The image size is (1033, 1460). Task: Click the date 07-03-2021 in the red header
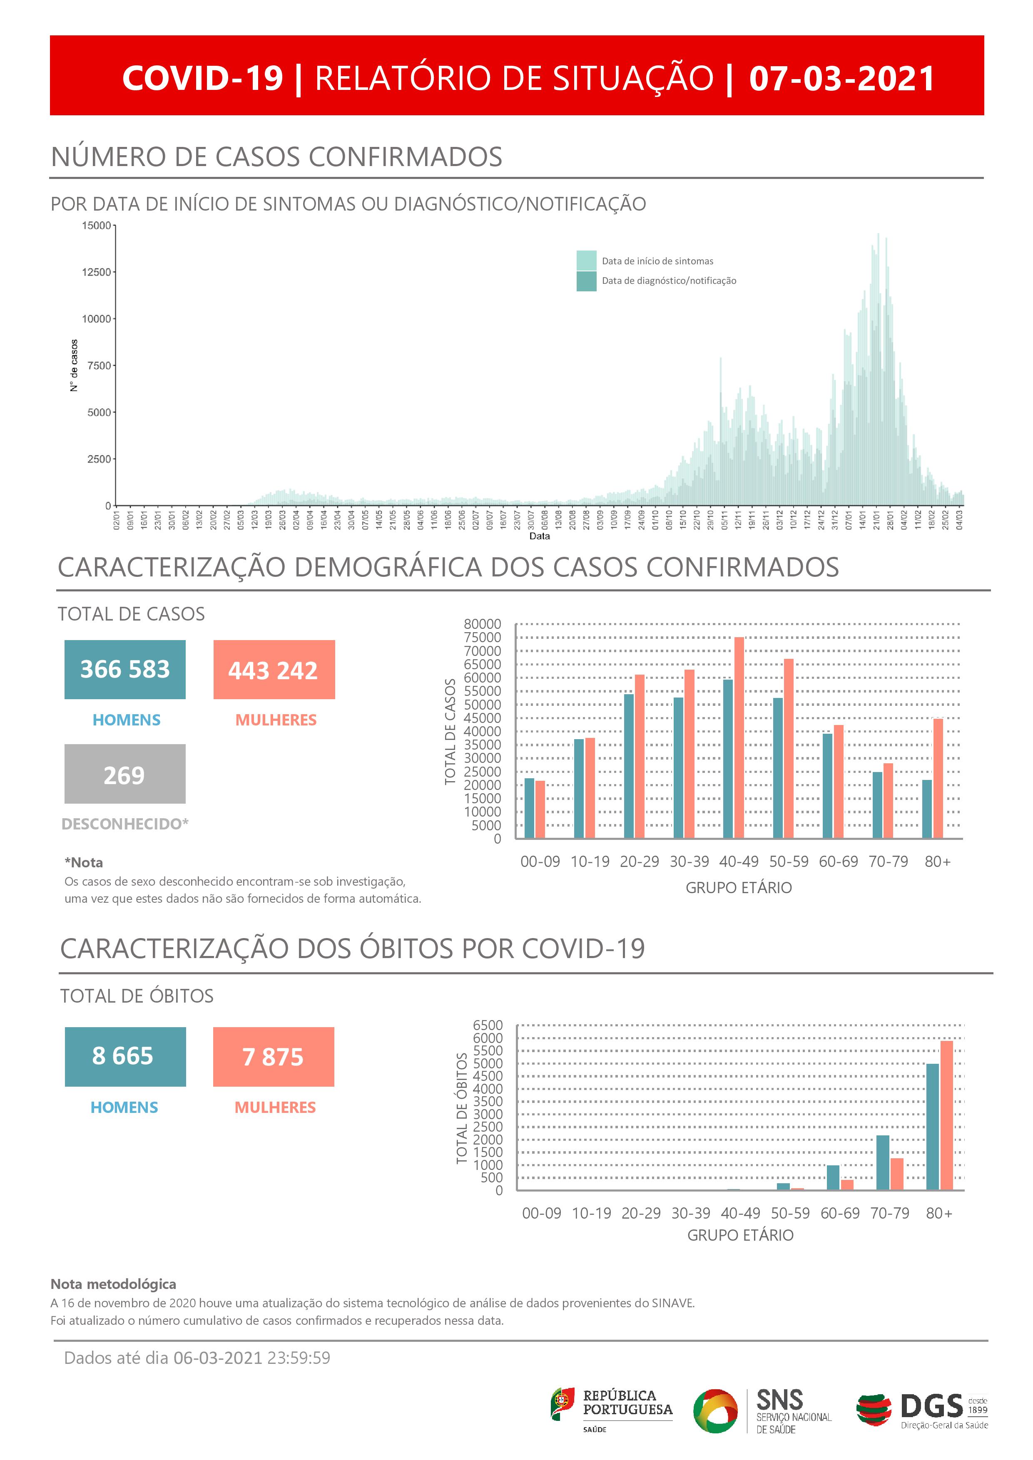coord(841,78)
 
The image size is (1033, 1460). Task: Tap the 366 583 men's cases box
coord(124,670)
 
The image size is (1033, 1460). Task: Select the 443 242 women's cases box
coord(274,670)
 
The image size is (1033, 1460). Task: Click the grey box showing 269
coord(124,774)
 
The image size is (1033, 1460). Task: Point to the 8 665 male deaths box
coord(125,1056)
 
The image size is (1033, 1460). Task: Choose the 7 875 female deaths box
coord(274,1056)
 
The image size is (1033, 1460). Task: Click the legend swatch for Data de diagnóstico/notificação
coord(587,281)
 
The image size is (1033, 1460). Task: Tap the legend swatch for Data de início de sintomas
coord(587,261)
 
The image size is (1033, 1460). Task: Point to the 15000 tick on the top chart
coord(96,226)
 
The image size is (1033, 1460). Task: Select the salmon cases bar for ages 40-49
coord(739,737)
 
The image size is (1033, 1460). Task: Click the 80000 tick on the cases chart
coord(482,624)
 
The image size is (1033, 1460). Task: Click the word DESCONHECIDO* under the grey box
coord(124,824)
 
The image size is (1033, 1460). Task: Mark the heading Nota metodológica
coord(113,1284)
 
